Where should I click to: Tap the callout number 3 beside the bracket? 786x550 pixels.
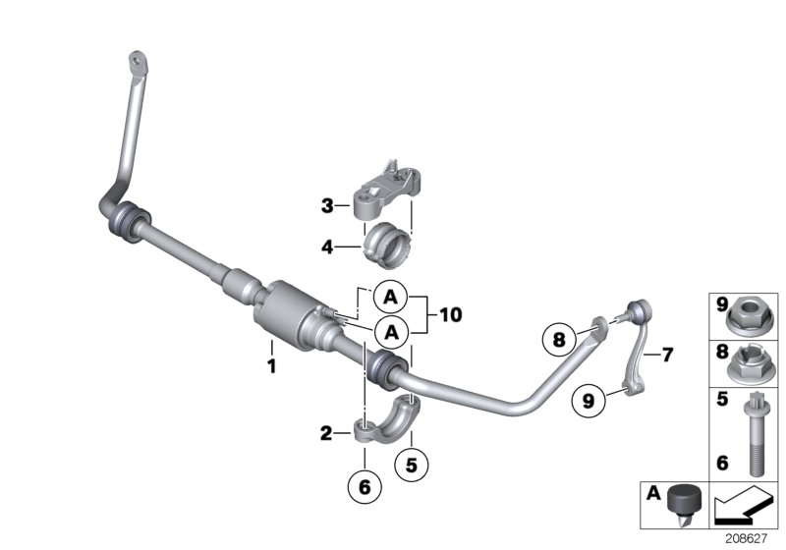[327, 206]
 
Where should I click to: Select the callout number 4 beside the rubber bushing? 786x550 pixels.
[327, 247]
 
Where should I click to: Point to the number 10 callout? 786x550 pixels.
[450, 315]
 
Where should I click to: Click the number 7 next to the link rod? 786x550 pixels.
[667, 355]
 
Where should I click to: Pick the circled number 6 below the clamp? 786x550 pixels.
[364, 484]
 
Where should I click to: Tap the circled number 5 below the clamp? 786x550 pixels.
[413, 460]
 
